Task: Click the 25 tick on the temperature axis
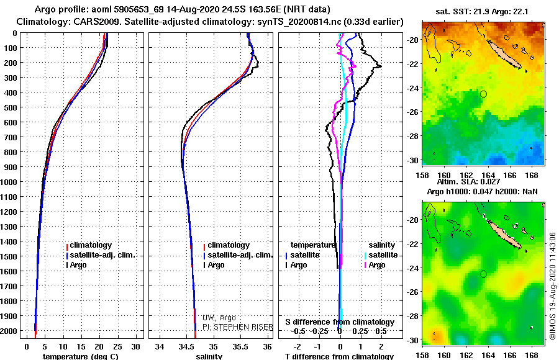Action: pyautogui.click(x=118, y=345)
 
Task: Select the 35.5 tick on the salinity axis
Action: pyautogui.click(x=241, y=345)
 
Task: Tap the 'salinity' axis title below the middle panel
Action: pyautogui.click(x=209, y=356)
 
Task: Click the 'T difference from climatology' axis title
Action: pyautogui.click(x=339, y=356)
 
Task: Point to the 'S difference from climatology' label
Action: pyautogui.click(x=340, y=322)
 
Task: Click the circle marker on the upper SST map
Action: pyautogui.click(x=483, y=94)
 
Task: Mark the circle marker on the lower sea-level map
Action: pyautogui.click(x=483, y=274)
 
